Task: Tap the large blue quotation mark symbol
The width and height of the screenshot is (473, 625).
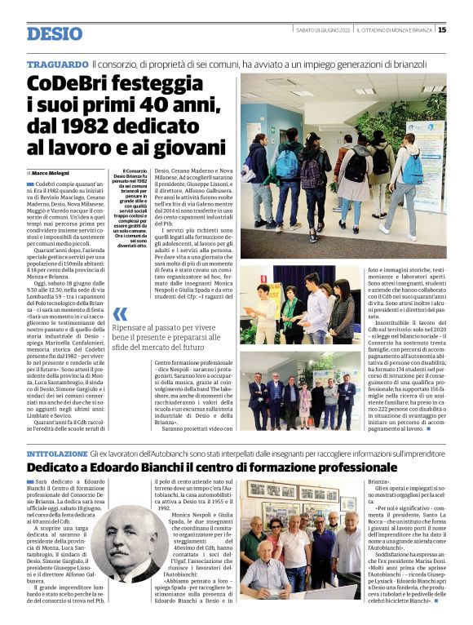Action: click(121, 314)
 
